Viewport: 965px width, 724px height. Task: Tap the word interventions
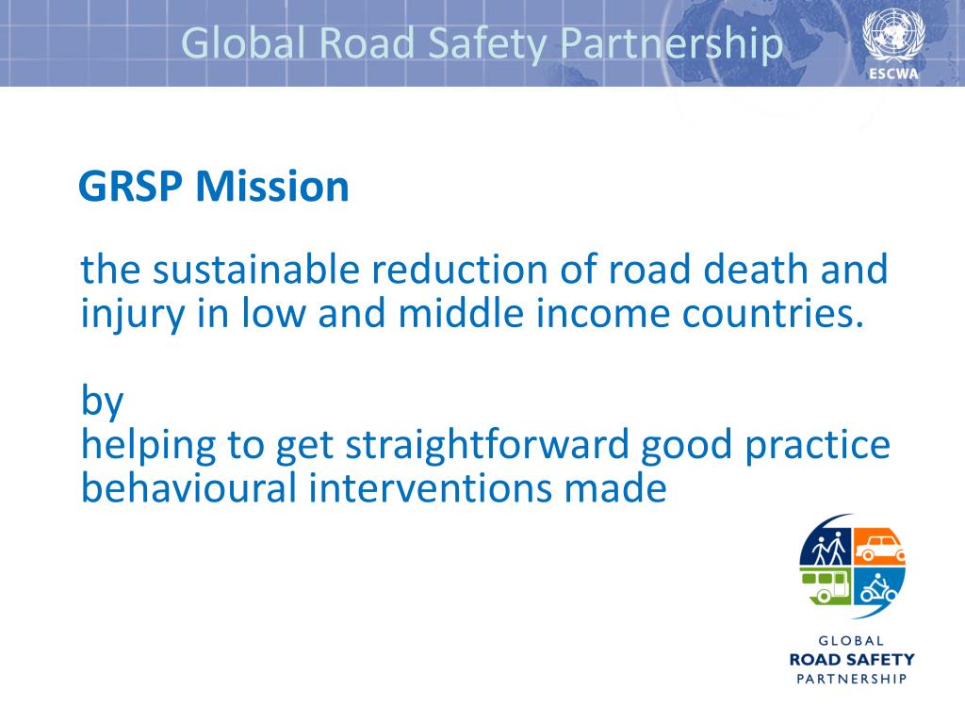click(404, 488)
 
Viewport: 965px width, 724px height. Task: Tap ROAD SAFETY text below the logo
click(851, 659)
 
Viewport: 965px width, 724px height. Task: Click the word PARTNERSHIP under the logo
click(851, 678)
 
